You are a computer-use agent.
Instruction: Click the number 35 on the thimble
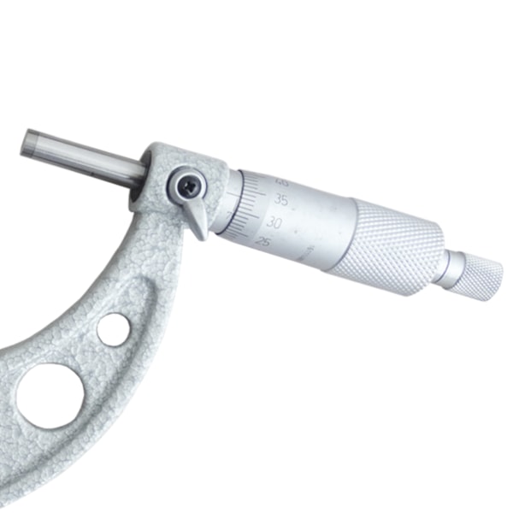[281, 201]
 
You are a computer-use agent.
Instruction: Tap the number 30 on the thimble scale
[274, 221]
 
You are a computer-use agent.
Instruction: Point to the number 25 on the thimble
[265, 242]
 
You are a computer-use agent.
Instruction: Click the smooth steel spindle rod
[85, 157]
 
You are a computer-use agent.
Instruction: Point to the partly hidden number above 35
[282, 181]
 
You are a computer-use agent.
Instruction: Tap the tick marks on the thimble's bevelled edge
[250, 214]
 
